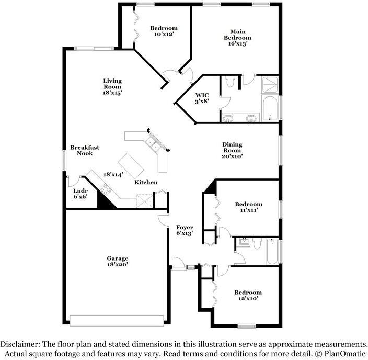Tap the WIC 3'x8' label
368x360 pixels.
click(x=202, y=98)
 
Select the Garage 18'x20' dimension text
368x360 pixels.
click(x=117, y=264)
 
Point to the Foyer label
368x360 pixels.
click(x=185, y=227)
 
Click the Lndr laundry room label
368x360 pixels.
click(x=80, y=190)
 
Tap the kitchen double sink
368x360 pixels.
click(x=153, y=144)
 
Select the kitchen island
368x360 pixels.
click(x=131, y=165)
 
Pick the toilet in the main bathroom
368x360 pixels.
click(x=230, y=81)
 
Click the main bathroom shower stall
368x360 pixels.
click(x=270, y=84)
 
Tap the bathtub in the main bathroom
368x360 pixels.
click(x=270, y=108)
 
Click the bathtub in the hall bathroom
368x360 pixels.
click(x=272, y=252)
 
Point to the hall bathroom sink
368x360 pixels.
click(x=243, y=241)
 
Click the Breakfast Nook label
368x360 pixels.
click(x=85, y=150)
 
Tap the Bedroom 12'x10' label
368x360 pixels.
click(x=248, y=296)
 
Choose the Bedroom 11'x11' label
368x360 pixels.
click(x=249, y=207)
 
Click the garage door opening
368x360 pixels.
click(x=117, y=321)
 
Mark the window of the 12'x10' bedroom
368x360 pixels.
click(x=246, y=326)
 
